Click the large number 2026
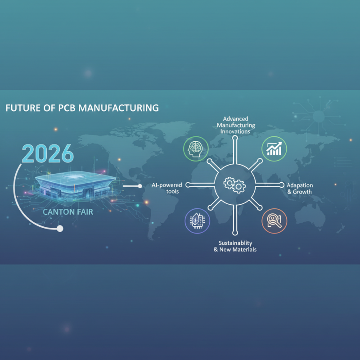(47, 154)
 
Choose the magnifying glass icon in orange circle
(274, 220)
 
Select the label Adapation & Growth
(299, 189)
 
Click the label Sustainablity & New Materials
(235, 246)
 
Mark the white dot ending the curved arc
(60, 229)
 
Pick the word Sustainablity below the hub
(235, 242)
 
